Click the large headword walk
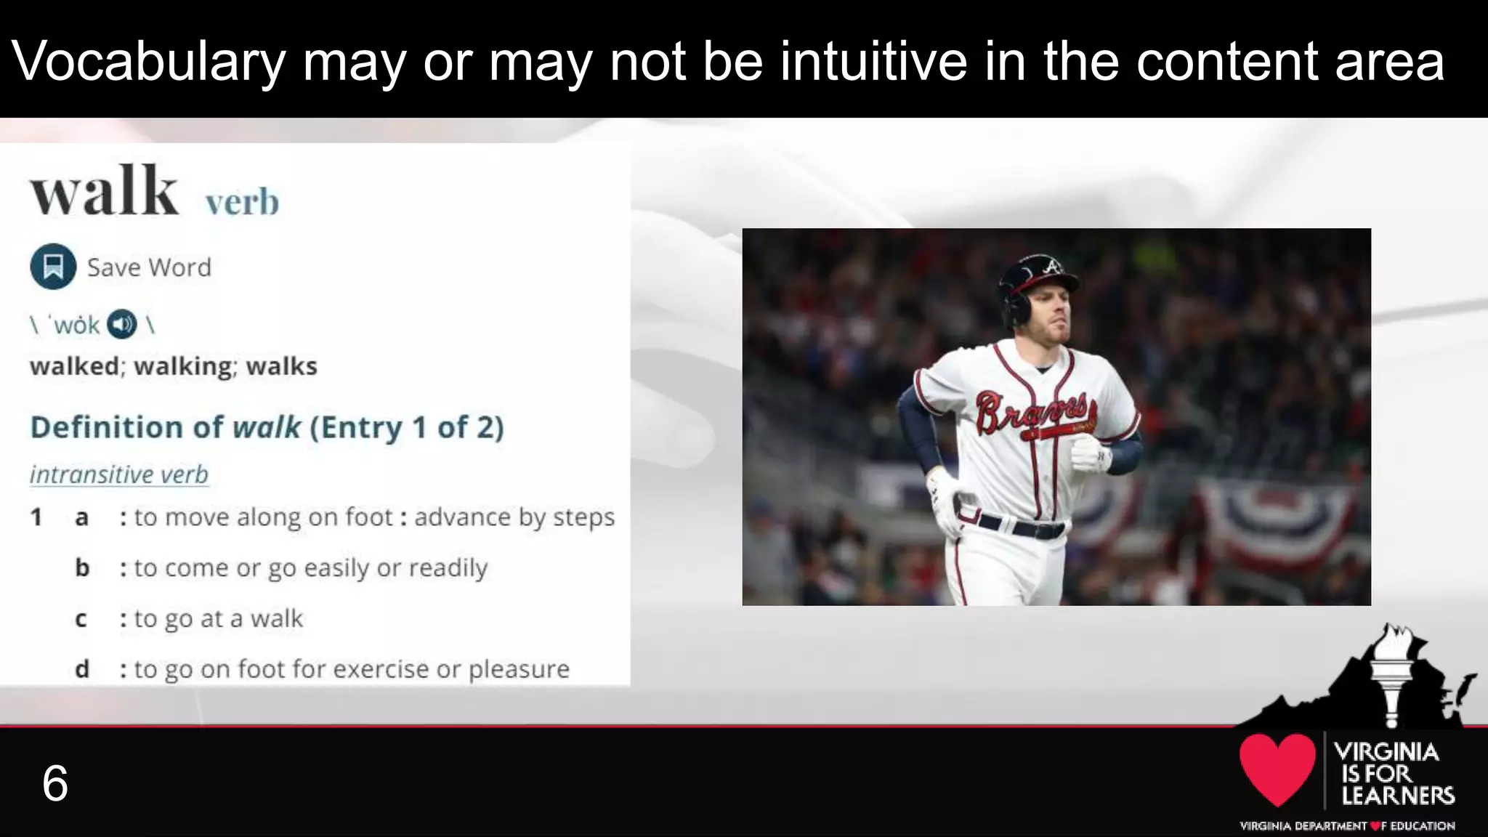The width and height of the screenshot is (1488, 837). click(x=104, y=191)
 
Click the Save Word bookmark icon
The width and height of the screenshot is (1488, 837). click(x=53, y=267)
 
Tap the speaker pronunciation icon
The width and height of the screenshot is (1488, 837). click(x=121, y=324)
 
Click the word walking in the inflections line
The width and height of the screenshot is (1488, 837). click(x=185, y=365)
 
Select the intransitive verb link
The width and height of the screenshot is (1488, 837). click(x=119, y=474)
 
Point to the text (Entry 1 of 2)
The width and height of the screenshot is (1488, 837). click(x=406, y=427)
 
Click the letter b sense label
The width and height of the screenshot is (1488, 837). click(x=82, y=567)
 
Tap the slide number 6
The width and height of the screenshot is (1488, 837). click(x=55, y=783)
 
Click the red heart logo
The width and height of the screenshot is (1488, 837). click(x=1277, y=769)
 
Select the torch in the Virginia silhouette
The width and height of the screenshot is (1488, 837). click(x=1391, y=672)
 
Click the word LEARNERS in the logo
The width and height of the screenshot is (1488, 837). click(x=1397, y=796)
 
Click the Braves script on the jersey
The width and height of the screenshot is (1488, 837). click(x=1032, y=412)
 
